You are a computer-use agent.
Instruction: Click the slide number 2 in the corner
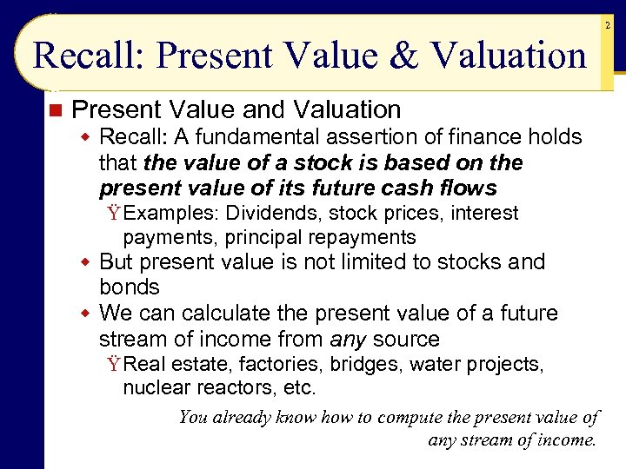(x=608, y=27)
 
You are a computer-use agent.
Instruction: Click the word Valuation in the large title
(x=509, y=56)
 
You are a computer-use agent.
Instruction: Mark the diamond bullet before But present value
(x=85, y=262)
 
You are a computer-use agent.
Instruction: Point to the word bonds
(x=130, y=287)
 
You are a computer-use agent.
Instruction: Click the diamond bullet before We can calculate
(x=85, y=314)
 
